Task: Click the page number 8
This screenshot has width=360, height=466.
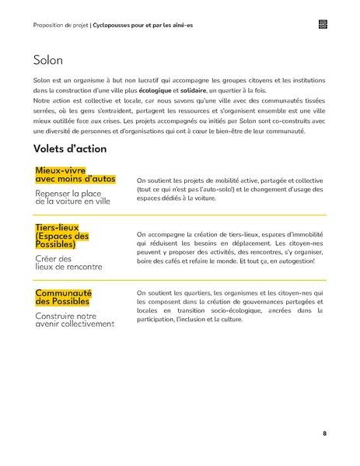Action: pyautogui.click(x=324, y=433)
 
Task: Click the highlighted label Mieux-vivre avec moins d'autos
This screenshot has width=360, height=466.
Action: pyautogui.click(x=75, y=174)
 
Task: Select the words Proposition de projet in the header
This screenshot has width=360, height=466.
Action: pyautogui.click(x=61, y=25)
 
